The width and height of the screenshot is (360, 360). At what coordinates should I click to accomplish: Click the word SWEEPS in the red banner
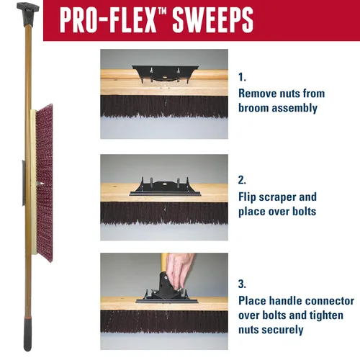[x=212, y=19]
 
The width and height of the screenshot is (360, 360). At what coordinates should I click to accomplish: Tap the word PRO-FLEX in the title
[x=108, y=19]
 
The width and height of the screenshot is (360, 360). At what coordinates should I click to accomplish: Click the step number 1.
[x=242, y=77]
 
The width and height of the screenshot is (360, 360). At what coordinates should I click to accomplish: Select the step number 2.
[x=242, y=180]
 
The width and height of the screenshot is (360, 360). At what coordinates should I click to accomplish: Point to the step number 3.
[x=242, y=284]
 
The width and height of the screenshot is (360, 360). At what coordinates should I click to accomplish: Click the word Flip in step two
[x=247, y=197]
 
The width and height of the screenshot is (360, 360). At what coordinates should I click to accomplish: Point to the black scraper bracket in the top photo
[x=165, y=74]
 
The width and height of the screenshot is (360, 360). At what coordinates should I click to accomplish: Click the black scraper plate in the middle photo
[x=165, y=188]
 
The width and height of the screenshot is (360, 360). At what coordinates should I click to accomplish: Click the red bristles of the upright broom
[x=45, y=183]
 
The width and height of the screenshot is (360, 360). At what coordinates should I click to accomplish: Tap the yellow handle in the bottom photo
[x=164, y=262]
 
